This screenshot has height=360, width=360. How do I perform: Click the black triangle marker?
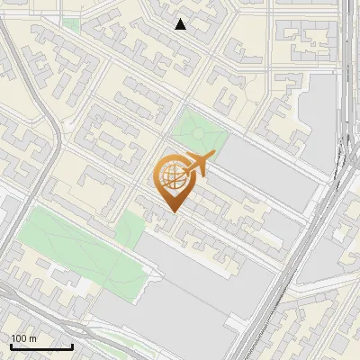pos(181,24)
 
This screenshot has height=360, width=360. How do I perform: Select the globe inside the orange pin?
pos(172,178)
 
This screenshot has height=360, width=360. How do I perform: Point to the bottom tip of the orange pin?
pos(173,212)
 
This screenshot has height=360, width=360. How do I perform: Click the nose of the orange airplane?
pos(211,157)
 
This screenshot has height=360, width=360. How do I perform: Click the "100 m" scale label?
pos(23,338)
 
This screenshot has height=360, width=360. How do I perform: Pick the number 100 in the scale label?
pos(20,338)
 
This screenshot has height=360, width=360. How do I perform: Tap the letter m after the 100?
pos(32,338)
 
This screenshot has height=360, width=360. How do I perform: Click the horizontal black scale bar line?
pos(40,346)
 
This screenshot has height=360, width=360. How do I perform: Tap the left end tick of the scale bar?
pos(10,345)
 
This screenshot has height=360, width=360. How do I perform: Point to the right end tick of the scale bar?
pos(72,345)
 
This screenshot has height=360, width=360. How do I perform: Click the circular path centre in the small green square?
pos(199,133)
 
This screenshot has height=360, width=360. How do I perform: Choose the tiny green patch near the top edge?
pos(71,23)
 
